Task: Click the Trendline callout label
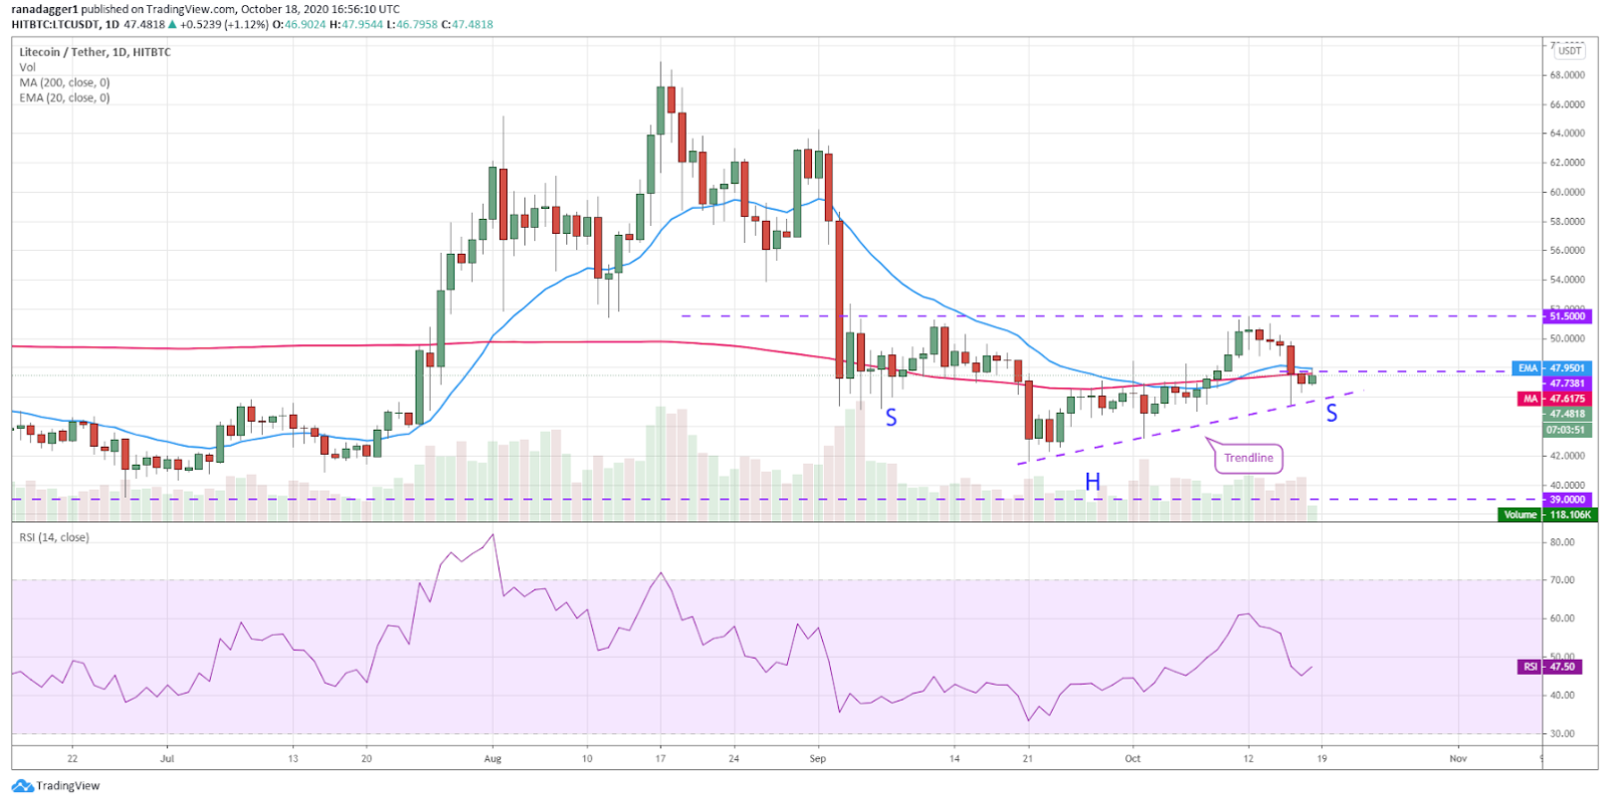pyautogui.click(x=1248, y=458)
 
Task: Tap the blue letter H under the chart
pyautogui.click(x=1093, y=483)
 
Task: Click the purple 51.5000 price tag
pyautogui.click(x=1566, y=316)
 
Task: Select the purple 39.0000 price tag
pyautogui.click(x=1566, y=500)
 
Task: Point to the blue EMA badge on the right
pyautogui.click(x=1527, y=368)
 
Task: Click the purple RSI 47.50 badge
pyautogui.click(x=1553, y=667)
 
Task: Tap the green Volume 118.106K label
pyautogui.click(x=1547, y=514)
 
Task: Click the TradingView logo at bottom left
pyautogui.click(x=57, y=786)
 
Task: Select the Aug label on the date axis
pyautogui.click(x=493, y=758)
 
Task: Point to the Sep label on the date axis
pyautogui.click(x=818, y=758)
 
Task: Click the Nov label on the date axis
pyautogui.click(x=1458, y=758)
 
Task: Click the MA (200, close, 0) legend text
pyautogui.click(x=65, y=83)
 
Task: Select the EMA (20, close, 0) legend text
pyautogui.click(x=65, y=98)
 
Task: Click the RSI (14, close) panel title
pyautogui.click(x=54, y=537)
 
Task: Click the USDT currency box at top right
pyautogui.click(x=1569, y=51)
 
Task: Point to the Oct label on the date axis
pyautogui.click(x=1132, y=758)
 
